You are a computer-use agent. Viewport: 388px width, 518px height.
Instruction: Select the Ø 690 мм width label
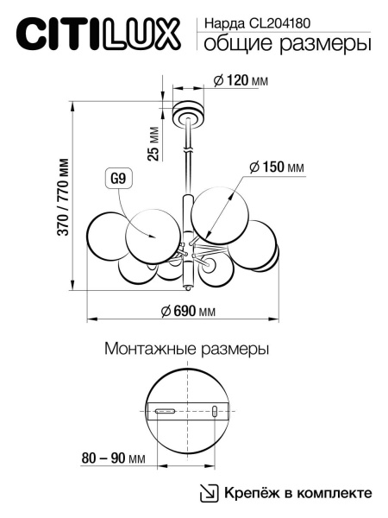pyautogui.click(x=188, y=312)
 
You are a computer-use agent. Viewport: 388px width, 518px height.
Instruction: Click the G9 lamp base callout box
pyautogui.click(x=118, y=180)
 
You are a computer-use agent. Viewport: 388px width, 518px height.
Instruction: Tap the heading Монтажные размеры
pyautogui.click(x=186, y=350)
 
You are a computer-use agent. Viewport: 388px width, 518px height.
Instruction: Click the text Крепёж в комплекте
pyautogui.click(x=298, y=492)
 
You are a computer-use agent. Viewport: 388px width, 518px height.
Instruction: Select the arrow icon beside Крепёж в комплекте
pyautogui.click(x=209, y=493)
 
